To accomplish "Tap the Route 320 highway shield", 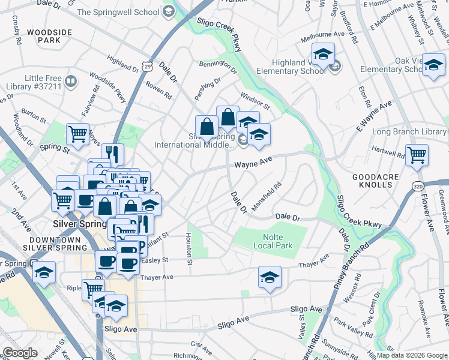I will (x=418, y=187).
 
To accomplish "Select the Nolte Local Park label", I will (x=273, y=241).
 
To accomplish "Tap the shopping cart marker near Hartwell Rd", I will (x=417, y=155).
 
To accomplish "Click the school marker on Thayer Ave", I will (x=270, y=277).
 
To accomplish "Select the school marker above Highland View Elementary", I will (x=323, y=53).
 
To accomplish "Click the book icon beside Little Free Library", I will (x=71, y=80).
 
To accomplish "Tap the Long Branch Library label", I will (x=410, y=131).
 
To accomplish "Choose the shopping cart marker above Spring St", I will (x=77, y=134).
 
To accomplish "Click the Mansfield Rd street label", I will (x=267, y=196).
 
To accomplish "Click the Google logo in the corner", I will (x=19, y=353).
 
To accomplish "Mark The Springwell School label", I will (x=118, y=11).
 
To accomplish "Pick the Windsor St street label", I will (x=255, y=99).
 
